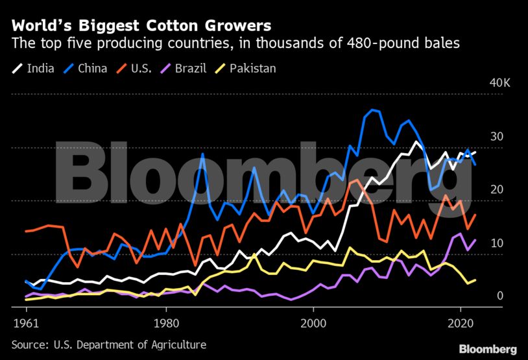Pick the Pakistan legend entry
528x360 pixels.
coord(252,67)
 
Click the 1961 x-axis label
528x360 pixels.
coord(24,322)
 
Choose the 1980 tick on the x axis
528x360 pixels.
coord(166,322)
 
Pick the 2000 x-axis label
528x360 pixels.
coord(313,322)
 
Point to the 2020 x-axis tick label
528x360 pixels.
coord(460,322)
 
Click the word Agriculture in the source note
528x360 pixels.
coord(176,345)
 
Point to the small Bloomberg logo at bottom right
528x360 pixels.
coord(488,349)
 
